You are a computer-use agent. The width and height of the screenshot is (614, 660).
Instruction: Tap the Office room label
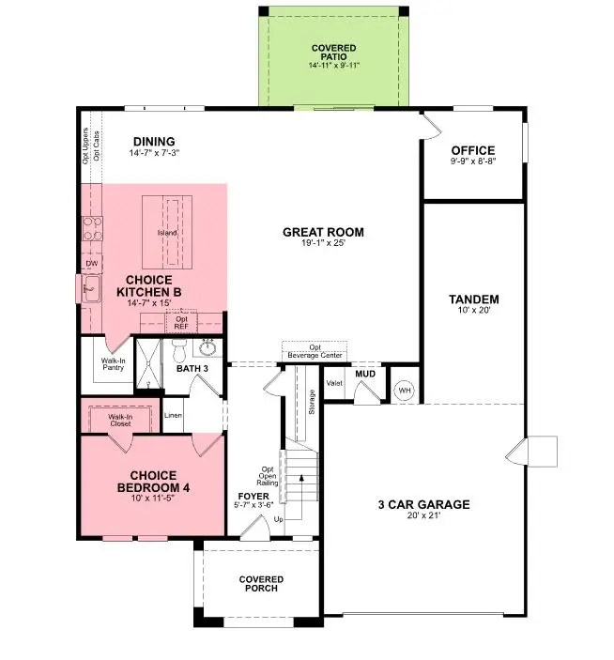[x=472, y=150]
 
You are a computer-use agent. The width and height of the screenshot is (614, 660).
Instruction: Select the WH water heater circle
[x=405, y=390]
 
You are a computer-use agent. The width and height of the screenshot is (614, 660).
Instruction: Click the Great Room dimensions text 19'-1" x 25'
[x=323, y=243]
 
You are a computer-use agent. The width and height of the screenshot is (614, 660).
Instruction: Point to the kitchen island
[x=166, y=230]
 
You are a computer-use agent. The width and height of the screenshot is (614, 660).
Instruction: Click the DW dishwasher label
[x=92, y=265]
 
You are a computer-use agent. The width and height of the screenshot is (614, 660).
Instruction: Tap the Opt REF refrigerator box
[x=182, y=324]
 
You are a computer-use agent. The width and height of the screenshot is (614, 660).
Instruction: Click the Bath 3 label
[x=192, y=369]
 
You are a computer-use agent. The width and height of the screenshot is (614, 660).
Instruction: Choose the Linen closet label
[x=173, y=414]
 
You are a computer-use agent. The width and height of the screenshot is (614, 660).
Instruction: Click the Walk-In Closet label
[x=119, y=420]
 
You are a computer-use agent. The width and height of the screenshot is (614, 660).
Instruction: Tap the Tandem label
[x=473, y=299]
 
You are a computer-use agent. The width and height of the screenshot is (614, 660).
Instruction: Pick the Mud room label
[x=365, y=374]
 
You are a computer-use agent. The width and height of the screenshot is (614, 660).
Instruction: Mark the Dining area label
[x=154, y=142]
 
